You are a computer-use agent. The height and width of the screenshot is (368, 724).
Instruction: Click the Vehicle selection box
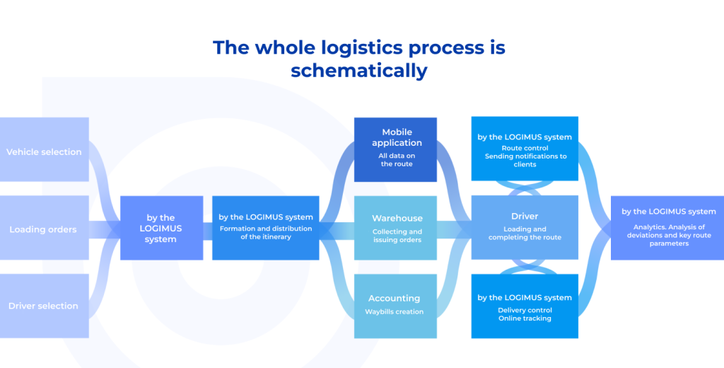click(44, 151)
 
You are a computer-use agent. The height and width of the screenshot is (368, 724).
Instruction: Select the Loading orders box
click(44, 229)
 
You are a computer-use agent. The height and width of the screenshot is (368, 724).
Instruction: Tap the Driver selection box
click(44, 306)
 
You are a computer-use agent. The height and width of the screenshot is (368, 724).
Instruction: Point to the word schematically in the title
click(359, 71)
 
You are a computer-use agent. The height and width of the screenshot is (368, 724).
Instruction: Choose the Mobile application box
click(396, 149)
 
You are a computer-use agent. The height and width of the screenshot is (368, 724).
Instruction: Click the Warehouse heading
click(397, 218)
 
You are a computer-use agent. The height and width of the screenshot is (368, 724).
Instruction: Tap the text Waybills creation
click(395, 311)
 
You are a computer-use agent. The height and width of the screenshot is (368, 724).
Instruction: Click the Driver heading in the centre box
click(525, 216)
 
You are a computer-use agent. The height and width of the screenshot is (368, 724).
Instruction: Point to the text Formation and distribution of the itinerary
click(265, 232)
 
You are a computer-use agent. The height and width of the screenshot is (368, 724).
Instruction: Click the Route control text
click(525, 148)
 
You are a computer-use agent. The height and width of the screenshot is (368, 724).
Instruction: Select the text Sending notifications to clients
click(525, 160)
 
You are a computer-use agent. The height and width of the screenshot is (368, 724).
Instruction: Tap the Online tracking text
click(525, 318)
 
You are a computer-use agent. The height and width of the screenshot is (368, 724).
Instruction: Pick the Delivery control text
click(525, 310)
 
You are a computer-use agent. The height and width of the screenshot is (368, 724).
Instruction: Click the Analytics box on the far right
click(667, 227)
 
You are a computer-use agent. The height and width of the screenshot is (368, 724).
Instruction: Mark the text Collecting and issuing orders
click(397, 236)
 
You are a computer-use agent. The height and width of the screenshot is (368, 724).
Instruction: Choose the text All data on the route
click(396, 159)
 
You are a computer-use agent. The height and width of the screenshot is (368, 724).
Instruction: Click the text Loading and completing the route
click(525, 233)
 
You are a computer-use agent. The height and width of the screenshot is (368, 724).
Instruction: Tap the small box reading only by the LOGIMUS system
click(161, 228)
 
